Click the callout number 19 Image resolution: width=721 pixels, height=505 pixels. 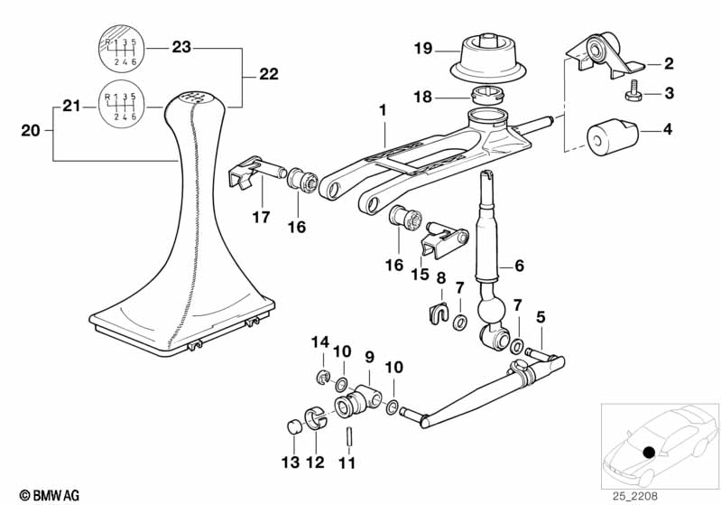423,48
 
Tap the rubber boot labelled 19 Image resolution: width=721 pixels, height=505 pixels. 487,59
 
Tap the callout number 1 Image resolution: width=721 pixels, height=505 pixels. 383,110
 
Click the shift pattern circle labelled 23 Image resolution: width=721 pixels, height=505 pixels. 122,48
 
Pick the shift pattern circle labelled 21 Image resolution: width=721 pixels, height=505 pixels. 122,105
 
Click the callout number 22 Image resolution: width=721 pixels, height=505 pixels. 269,74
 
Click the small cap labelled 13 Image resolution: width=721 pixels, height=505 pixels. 294,426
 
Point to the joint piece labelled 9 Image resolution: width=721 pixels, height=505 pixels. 358,402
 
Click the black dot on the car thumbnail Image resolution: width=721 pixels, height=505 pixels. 649,452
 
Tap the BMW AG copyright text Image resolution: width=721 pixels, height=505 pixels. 50,495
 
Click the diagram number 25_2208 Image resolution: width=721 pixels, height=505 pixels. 635,496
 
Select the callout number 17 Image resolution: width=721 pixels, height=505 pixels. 261,217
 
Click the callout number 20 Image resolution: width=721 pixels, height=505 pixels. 31,131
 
